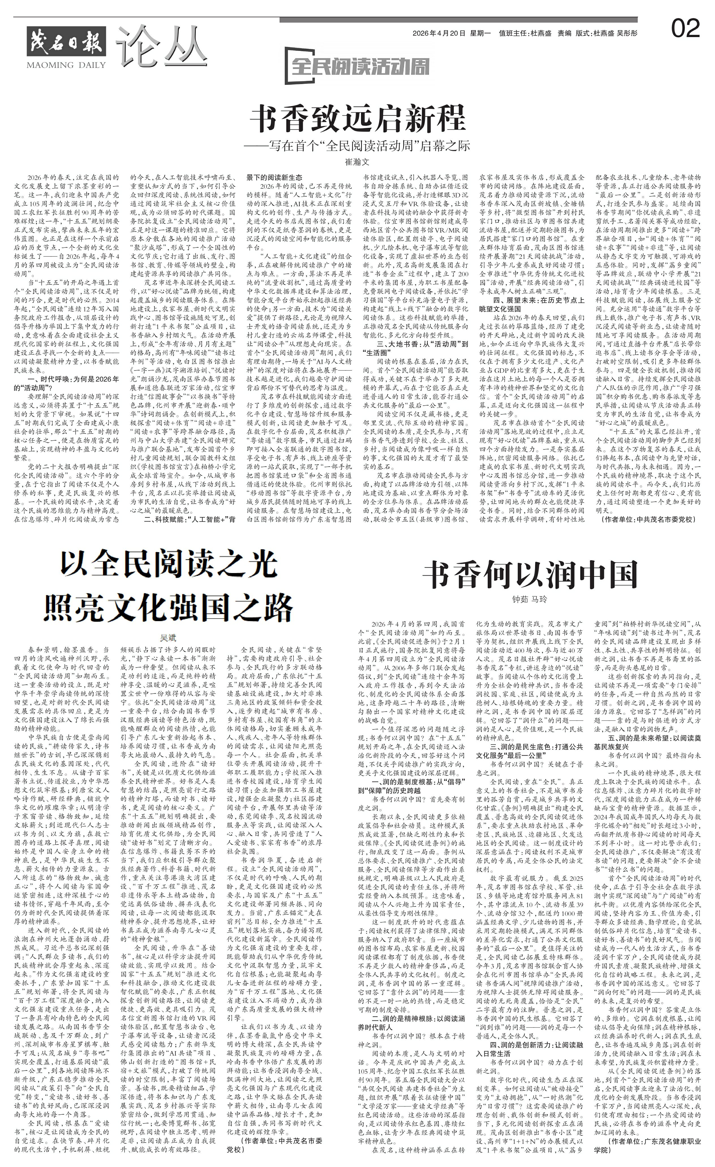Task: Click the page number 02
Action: [x=685, y=29]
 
